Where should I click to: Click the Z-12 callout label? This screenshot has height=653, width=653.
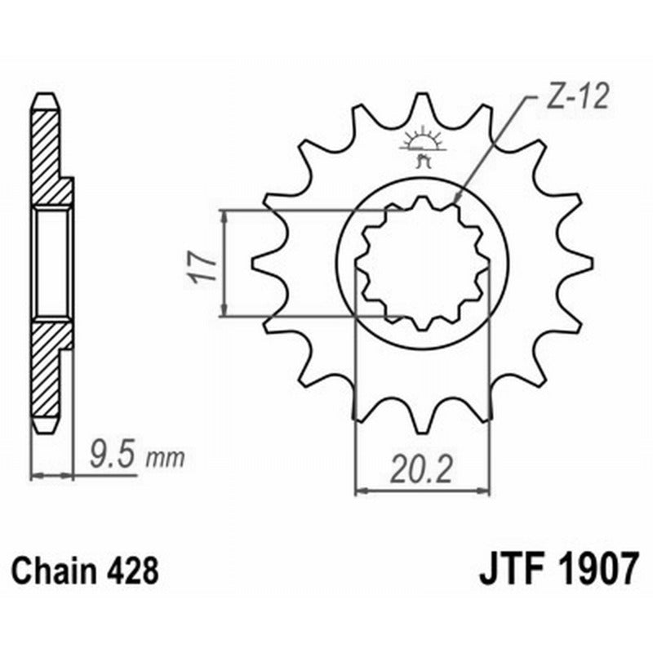click(x=576, y=99)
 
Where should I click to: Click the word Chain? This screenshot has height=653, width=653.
click(x=57, y=569)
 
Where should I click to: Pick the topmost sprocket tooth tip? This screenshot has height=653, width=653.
click(x=422, y=96)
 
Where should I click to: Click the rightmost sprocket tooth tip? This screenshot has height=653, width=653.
click(x=589, y=262)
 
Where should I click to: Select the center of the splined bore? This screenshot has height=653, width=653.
click(x=422, y=262)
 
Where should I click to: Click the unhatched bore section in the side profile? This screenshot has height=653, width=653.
click(x=54, y=263)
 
